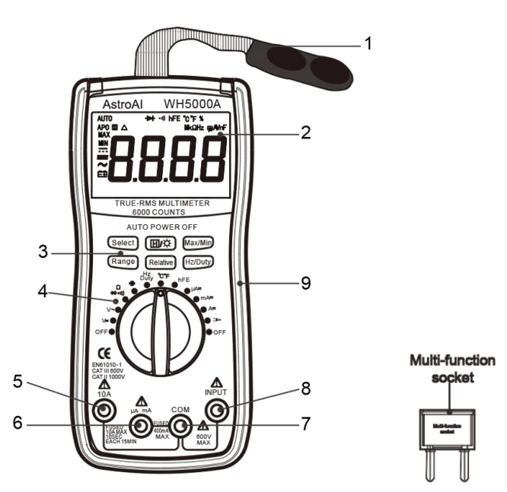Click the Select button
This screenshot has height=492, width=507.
[x=123, y=243]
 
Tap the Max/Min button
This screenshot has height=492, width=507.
[x=198, y=243]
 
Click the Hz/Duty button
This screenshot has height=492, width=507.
[x=198, y=261]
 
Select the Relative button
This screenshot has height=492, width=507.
[x=161, y=262]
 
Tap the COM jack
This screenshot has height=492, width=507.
[x=180, y=426]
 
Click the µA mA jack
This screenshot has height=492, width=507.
[x=140, y=426]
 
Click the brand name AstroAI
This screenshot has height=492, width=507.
[x=123, y=103]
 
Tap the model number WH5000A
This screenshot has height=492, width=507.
[x=193, y=103]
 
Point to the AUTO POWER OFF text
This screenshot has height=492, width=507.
[x=160, y=227]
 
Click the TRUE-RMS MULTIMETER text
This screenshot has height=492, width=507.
[x=160, y=204]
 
